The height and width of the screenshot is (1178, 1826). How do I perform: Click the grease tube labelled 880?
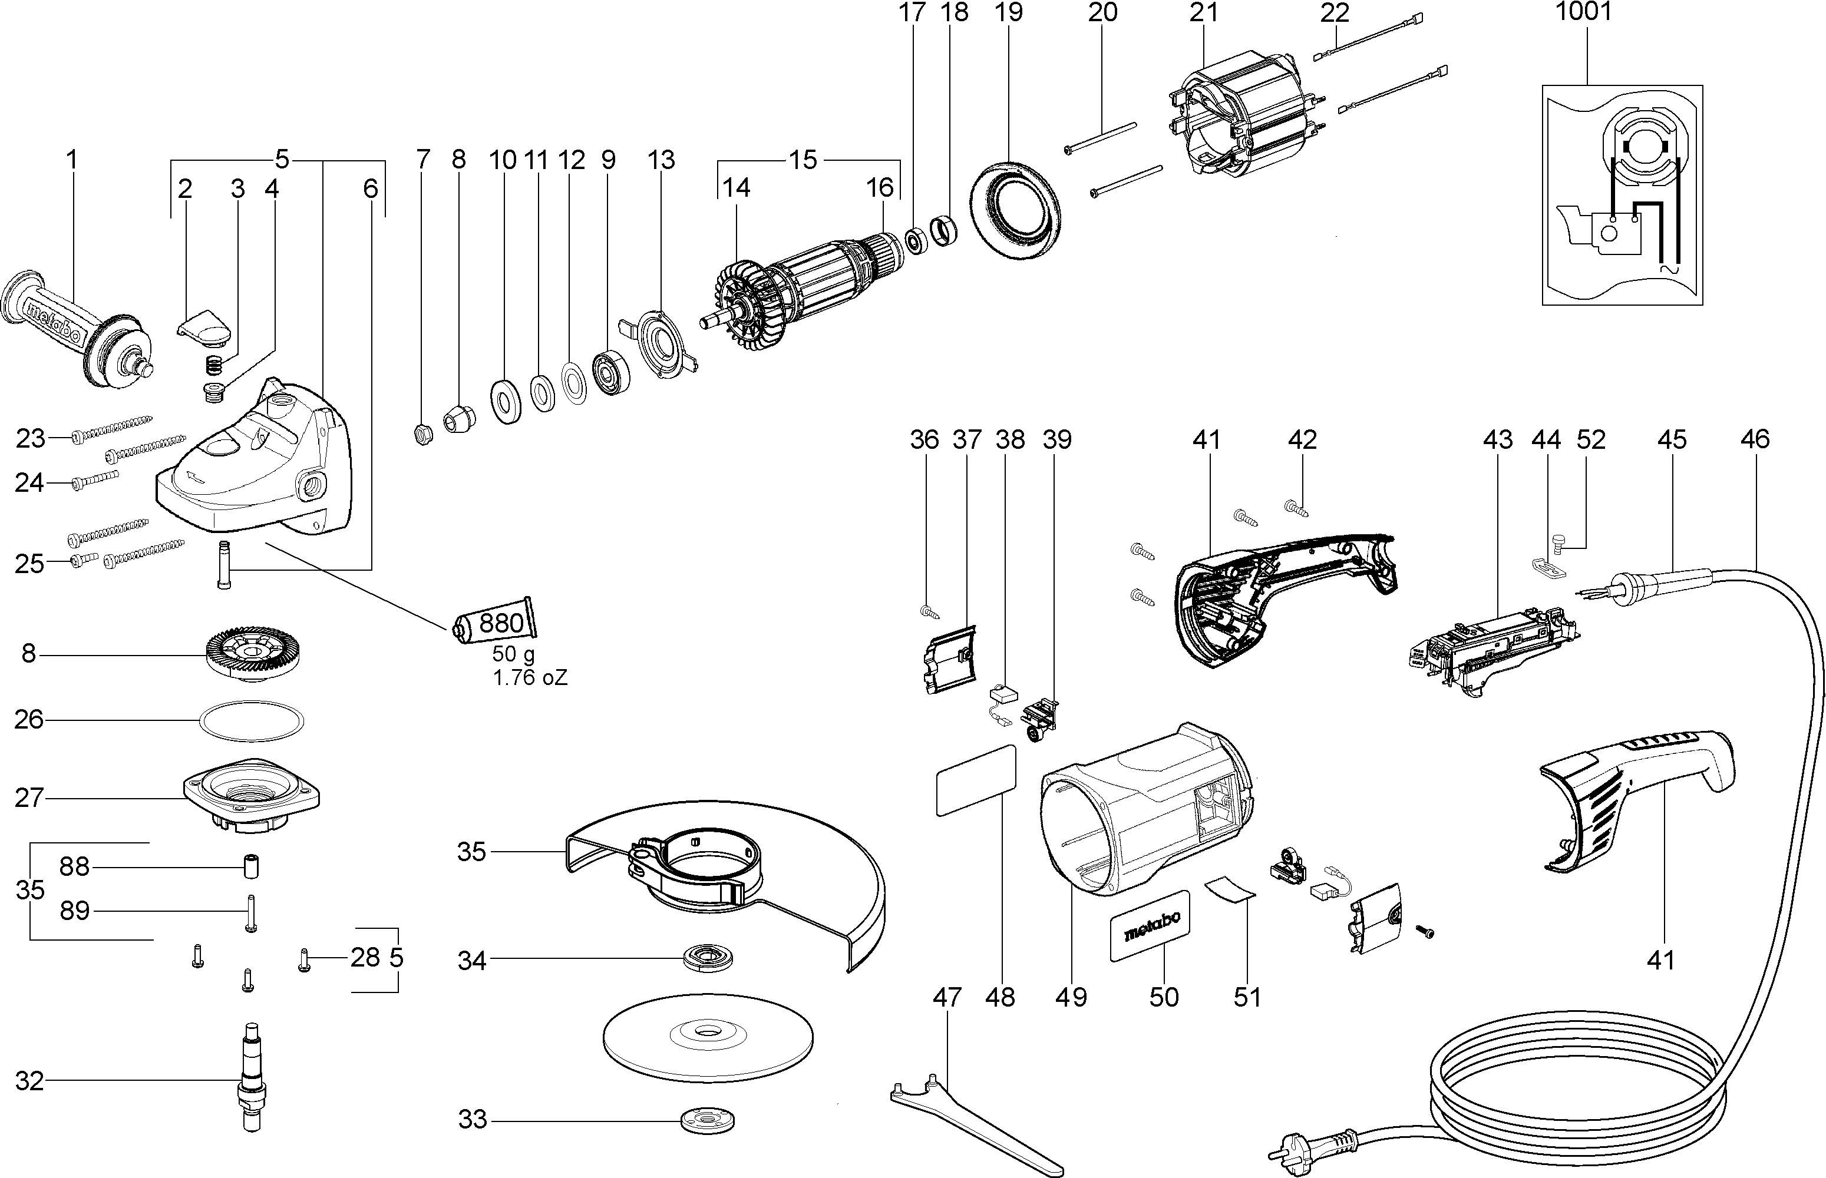pyautogui.click(x=496, y=623)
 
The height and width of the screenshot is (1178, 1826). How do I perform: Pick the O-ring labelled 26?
pyautogui.click(x=251, y=720)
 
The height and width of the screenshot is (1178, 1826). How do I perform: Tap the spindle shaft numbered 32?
pyautogui.click(x=251, y=1079)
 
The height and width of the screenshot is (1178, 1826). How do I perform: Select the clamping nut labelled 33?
pyautogui.click(x=708, y=1121)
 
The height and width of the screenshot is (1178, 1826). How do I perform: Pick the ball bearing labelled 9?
pyautogui.click(x=611, y=372)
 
